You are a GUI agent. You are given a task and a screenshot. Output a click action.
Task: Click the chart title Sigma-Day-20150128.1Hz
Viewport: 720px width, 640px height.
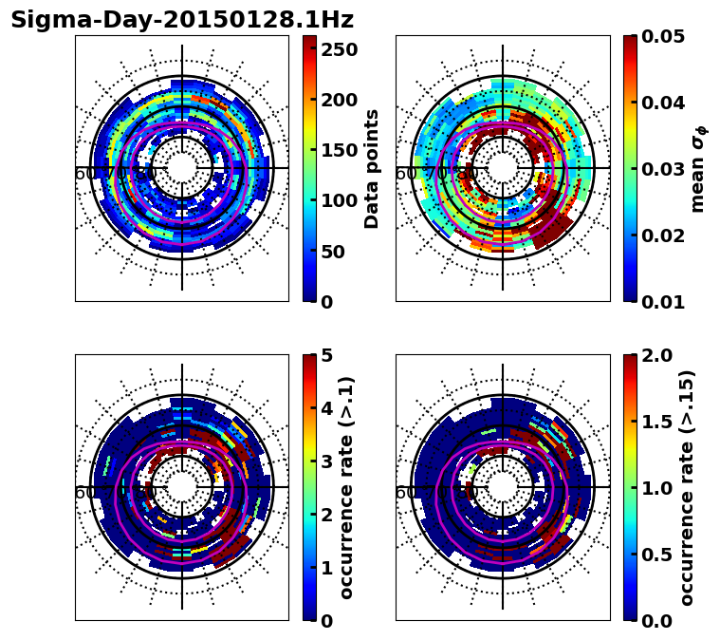pyautogui.click(x=181, y=20)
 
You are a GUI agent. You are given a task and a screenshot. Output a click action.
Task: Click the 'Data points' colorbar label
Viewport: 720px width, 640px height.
pyautogui.click(x=372, y=169)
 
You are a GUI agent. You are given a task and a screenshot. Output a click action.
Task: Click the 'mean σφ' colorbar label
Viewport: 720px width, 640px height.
pyautogui.click(x=697, y=169)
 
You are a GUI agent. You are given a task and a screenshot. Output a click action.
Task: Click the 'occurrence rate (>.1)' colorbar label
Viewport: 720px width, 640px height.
pyautogui.click(x=347, y=488)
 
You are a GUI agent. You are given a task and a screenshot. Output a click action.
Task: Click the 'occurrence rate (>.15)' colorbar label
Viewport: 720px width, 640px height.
pyautogui.click(x=687, y=488)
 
